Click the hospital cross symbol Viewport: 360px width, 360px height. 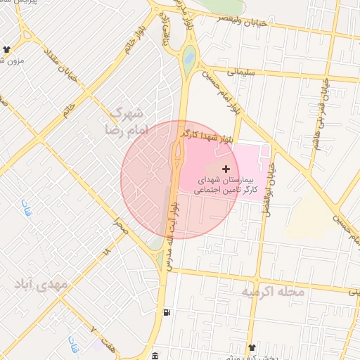pyautogui.click(x=226, y=169)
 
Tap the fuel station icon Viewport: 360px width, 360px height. pyautogui.click(x=166, y=312)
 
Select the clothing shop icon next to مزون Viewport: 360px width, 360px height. pyautogui.click(x=7, y=49)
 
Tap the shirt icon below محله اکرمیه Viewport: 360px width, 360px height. pyautogui.click(x=252, y=348)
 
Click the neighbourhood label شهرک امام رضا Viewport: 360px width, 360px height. pyautogui.click(x=127, y=121)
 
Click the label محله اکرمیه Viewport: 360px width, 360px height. pyautogui.click(x=273, y=291)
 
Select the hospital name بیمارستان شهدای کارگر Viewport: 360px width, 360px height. pyautogui.click(x=225, y=186)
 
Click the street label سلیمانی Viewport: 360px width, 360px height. pyautogui.click(x=240, y=72)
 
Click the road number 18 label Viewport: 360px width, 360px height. pyautogui.click(x=107, y=250)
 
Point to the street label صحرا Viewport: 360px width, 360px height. pyautogui.click(x=121, y=226)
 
